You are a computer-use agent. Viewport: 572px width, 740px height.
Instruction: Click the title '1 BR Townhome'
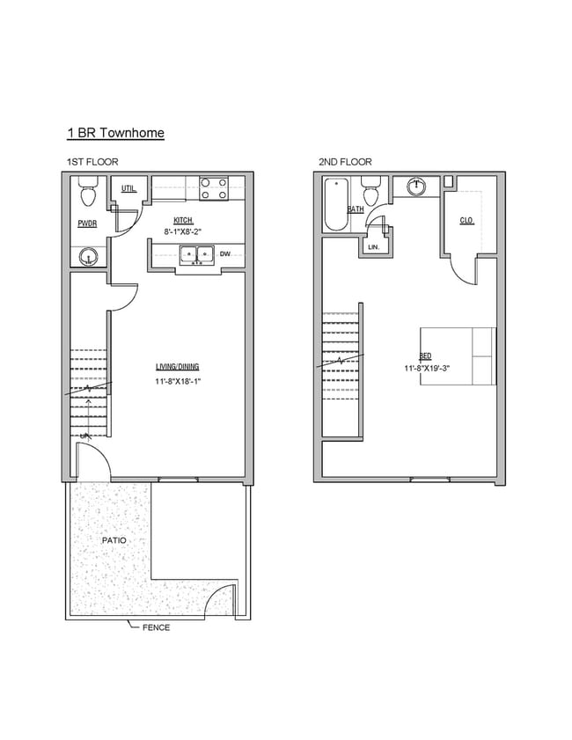coord(115,133)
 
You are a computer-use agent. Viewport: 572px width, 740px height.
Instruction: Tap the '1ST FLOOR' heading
coord(92,162)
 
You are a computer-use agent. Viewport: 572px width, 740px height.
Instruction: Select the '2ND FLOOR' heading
coord(345,162)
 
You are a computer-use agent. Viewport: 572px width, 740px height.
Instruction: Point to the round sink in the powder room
coord(87,257)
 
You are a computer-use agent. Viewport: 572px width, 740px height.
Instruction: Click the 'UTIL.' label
coord(128,188)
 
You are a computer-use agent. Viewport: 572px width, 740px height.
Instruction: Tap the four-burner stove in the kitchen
coord(213,188)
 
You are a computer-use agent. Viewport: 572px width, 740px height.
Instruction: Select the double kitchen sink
coord(196,255)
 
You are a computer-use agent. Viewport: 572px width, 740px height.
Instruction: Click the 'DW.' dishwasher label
coord(225,254)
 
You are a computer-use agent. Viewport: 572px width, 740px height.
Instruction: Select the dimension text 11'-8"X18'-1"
coord(183,382)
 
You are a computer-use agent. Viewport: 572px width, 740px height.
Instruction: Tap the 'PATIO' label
coord(113,540)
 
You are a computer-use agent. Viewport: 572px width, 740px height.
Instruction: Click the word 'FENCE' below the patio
coord(156,627)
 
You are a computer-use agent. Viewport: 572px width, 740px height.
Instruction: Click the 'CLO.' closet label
coord(466,220)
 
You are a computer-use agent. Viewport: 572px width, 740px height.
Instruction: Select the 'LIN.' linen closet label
coord(372,247)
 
